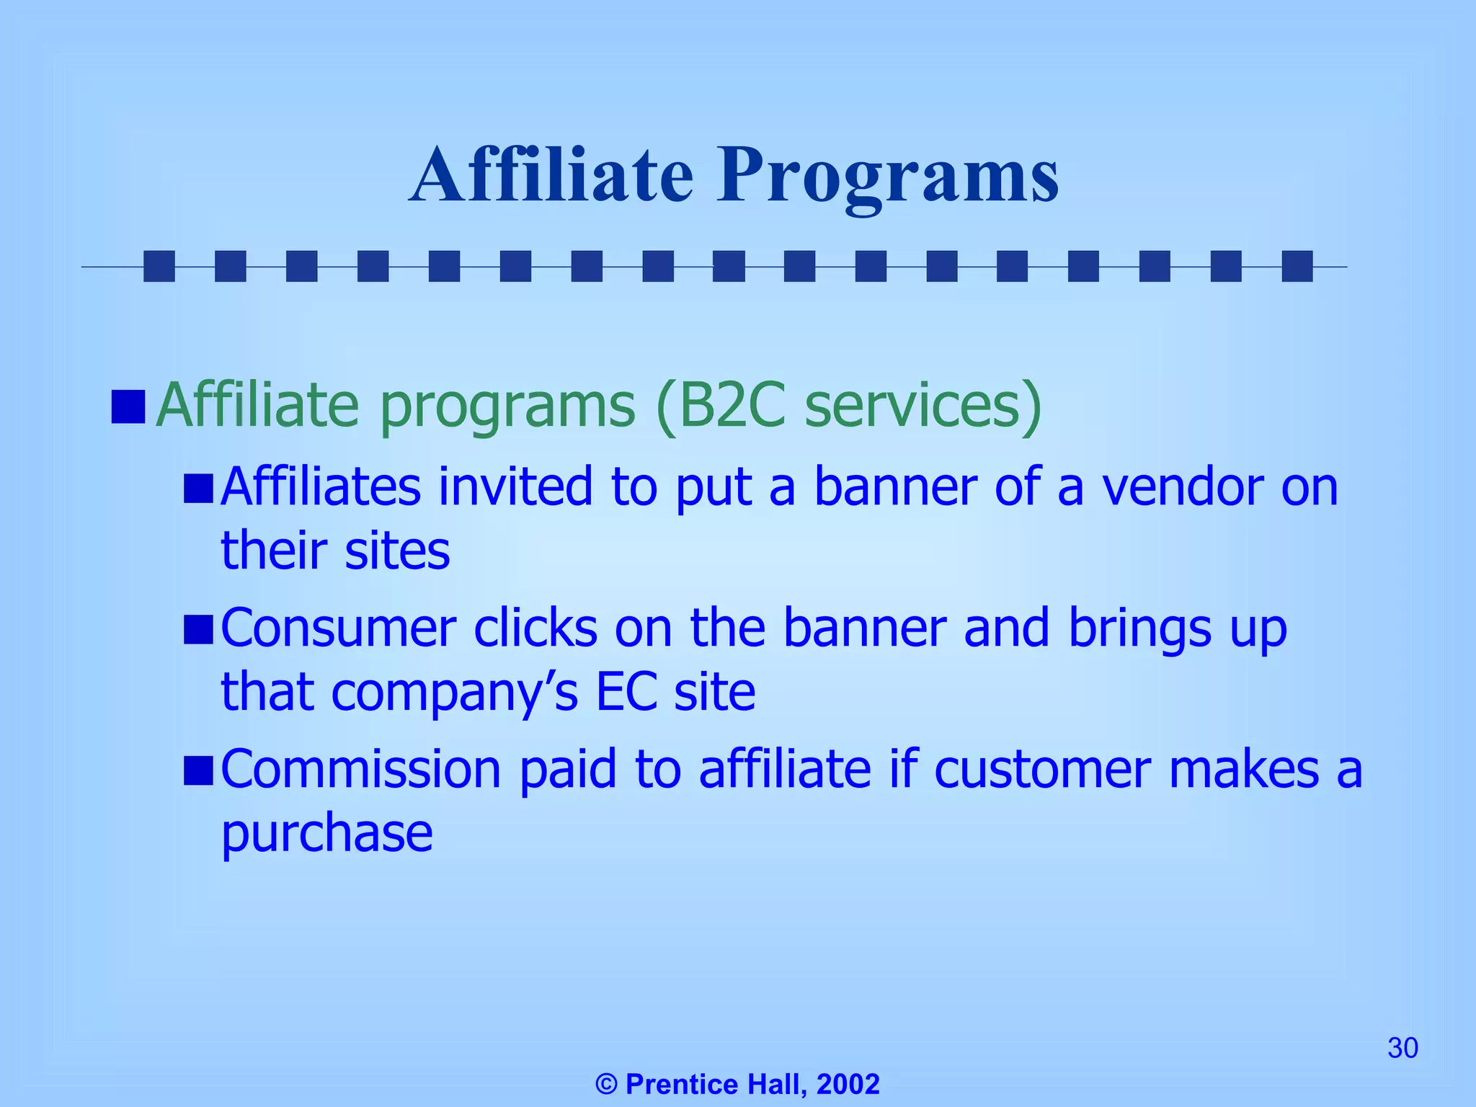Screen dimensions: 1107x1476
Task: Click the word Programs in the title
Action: [x=888, y=177]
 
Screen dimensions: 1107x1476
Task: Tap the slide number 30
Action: [x=1402, y=1048]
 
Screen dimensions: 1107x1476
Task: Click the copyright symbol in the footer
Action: [x=607, y=1084]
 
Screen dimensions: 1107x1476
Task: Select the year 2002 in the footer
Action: [x=848, y=1084]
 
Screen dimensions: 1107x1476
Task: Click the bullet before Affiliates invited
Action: [x=198, y=488]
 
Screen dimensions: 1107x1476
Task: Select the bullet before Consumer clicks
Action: [x=198, y=629]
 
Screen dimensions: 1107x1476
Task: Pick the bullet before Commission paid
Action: [x=198, y=770]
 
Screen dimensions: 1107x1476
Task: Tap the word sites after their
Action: [x=397, y=551]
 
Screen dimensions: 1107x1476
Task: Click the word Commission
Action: [x=360, y=770]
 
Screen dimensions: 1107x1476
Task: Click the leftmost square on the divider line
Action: [x=159, y=266]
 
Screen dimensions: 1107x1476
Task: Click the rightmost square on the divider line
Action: [x=1297, y=266]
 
